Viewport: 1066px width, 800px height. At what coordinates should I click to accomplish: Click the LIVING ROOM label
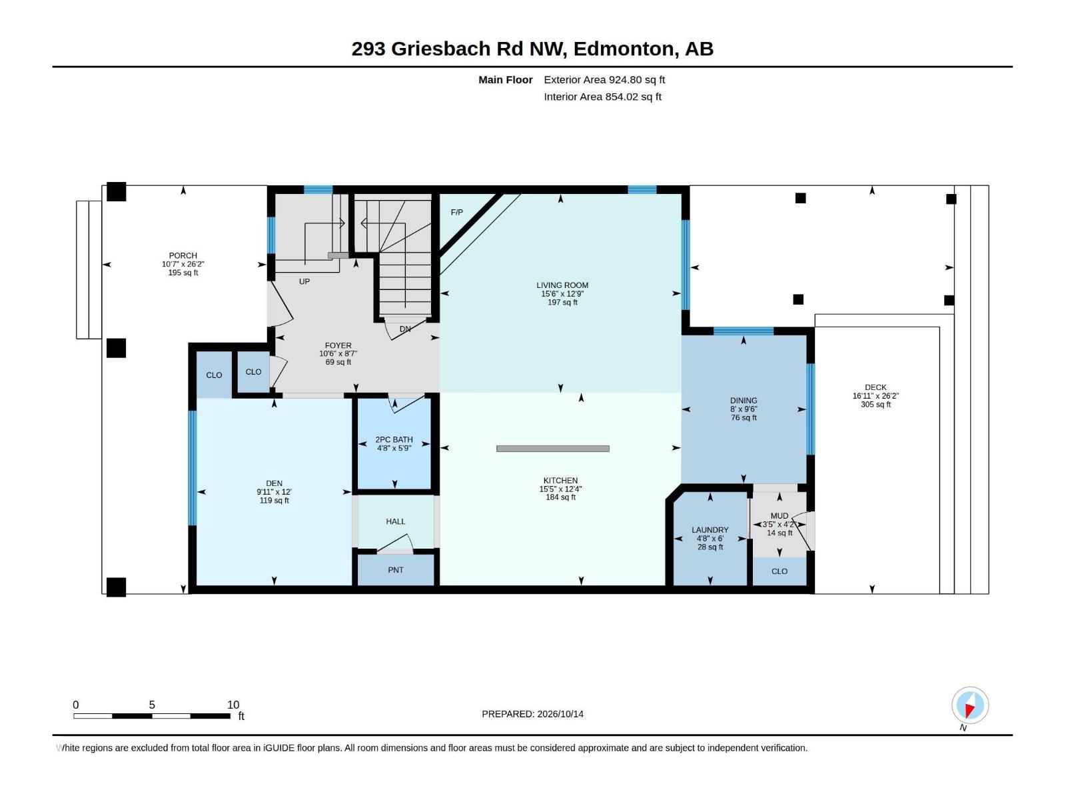[562, 285]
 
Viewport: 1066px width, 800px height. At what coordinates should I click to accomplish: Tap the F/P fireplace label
[456, 212]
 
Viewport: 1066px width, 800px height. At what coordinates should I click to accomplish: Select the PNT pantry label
[395, 570]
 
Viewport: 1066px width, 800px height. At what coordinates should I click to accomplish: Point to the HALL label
[395, 521]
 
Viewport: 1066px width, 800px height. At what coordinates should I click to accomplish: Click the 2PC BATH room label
[394, 439]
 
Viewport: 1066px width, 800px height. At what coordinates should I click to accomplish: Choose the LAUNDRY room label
[710, 530]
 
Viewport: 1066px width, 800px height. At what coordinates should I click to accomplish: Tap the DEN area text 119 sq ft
[274, 500]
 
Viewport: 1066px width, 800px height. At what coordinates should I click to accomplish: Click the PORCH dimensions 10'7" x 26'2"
[183, 264]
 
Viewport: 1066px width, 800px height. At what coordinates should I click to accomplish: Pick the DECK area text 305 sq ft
[875, 404]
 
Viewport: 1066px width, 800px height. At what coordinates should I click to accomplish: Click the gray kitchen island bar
[553, 449]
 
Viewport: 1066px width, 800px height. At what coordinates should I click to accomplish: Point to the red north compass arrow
[969, 711]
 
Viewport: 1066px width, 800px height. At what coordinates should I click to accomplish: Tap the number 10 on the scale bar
[233, 705]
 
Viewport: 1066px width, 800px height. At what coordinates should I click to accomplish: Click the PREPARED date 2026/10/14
[560, 714]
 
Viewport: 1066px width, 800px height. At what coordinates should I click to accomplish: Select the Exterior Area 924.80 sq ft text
[604, 79]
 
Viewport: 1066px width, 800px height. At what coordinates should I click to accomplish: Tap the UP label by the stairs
[304, 282]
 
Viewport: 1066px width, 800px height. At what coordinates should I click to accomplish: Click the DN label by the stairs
[405, 329]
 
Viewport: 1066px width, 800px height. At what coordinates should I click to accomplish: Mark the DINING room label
[744, 401]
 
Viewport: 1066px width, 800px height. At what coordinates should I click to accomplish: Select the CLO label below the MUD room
[779, 571]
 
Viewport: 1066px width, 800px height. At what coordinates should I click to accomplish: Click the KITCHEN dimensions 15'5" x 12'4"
[560, 489]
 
